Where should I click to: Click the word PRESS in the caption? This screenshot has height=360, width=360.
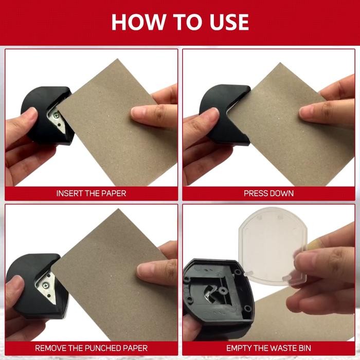point(255,193)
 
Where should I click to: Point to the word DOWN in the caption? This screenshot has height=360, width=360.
point(281,193)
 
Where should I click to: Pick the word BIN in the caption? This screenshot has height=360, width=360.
point(305,348)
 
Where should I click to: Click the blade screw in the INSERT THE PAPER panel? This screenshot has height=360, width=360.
point(56,114)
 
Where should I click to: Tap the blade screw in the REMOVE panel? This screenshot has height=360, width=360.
point(45,285)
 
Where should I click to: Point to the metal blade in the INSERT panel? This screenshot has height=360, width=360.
point(57,118)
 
